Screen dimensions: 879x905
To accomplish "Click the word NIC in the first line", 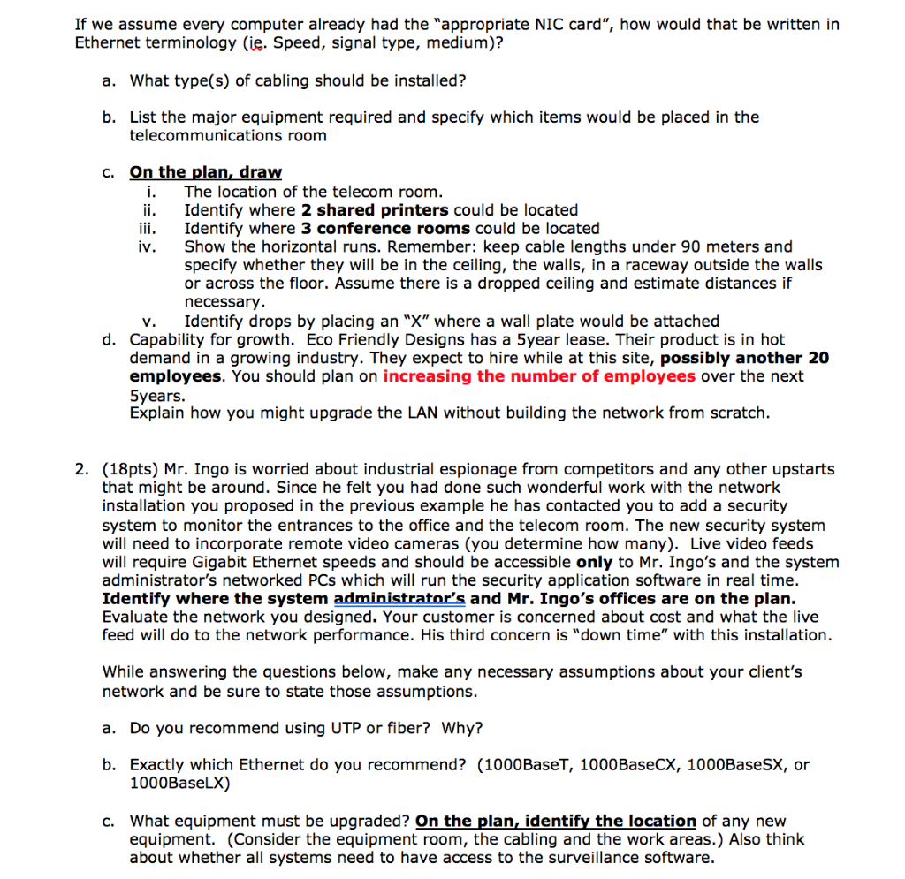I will coord(544,25).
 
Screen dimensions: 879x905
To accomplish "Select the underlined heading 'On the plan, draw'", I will coord(205,172).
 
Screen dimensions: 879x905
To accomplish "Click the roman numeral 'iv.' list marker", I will coord(148,246).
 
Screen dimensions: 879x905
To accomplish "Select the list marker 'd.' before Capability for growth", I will coord(110,339).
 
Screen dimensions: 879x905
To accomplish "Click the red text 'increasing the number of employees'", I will coord(539,376).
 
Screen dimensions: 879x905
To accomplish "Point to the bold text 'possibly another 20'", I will coord(745,358).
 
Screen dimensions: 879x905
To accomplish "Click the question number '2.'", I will coord(81,469).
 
